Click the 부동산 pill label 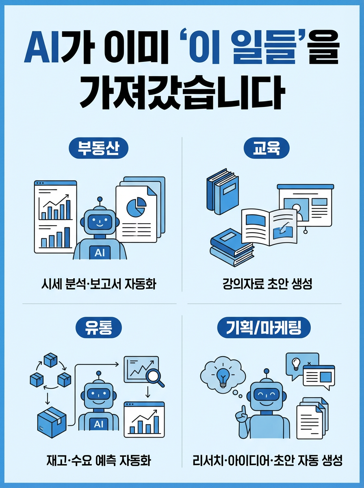[x=98, y=148]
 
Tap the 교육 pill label [x=266, y=148]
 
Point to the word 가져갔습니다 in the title [x=182, y=94]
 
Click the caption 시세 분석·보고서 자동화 [x=99, y=284]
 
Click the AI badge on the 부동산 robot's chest [x=100, y=253]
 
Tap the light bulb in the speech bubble [x=296, y=363]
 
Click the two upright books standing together [x=222, y=191]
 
